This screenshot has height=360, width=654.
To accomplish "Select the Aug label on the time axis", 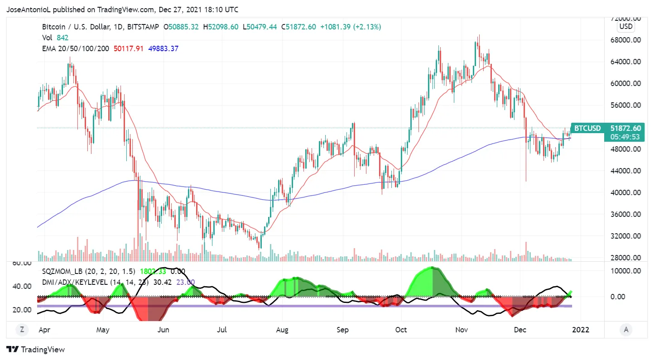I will pos(283,330).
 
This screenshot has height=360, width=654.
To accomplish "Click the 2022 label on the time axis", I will pos(581,330).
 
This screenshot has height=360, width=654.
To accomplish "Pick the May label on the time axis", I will pos(103,330).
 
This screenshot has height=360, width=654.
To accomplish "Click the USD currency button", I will pos(626,26).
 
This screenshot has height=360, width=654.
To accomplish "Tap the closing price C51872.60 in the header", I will pos(298,27).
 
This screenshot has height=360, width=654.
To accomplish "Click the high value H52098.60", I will pos(221,27).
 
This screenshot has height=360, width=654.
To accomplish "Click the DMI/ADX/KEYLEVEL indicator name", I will pos(75,282).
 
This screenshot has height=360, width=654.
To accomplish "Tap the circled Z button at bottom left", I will pos(21,329).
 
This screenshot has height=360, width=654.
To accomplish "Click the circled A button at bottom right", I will pos(626,329).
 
